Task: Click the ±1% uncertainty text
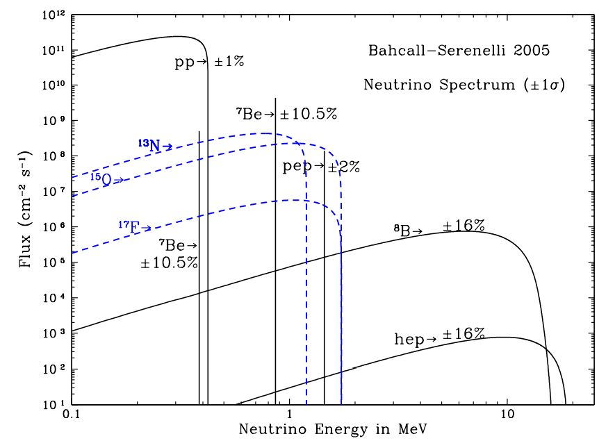coord(229,63)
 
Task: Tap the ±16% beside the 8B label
coord(464,226)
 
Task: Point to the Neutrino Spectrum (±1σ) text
coord(464,85)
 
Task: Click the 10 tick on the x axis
coord(507,414)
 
